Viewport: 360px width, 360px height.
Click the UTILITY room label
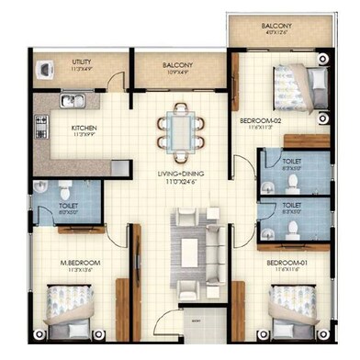(x=82, y=62)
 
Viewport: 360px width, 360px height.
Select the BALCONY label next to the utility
(x=176, y=65)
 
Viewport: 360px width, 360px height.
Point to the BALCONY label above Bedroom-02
(x=277, y=28)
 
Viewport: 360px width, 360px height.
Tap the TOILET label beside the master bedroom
(x=68, y=207)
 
